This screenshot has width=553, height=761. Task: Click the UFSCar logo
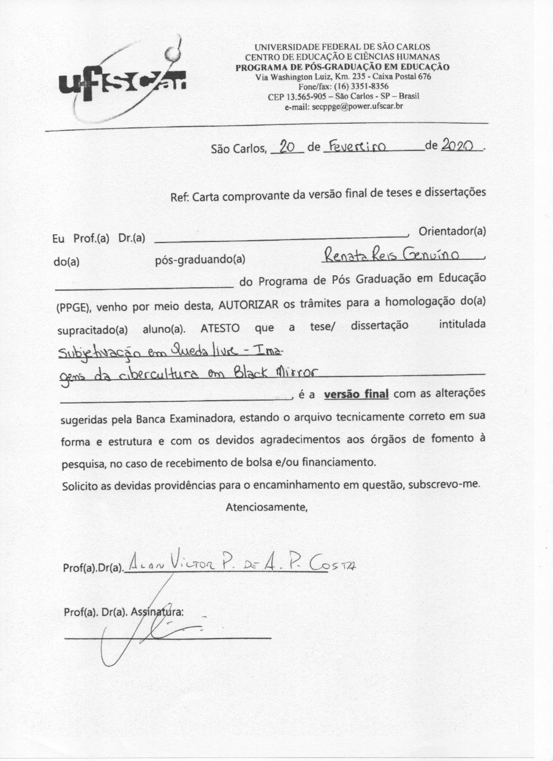[x=122, y=81]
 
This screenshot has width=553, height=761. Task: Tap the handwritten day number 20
[x=287, y=146]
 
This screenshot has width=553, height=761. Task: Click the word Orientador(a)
[x=452, y=232]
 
